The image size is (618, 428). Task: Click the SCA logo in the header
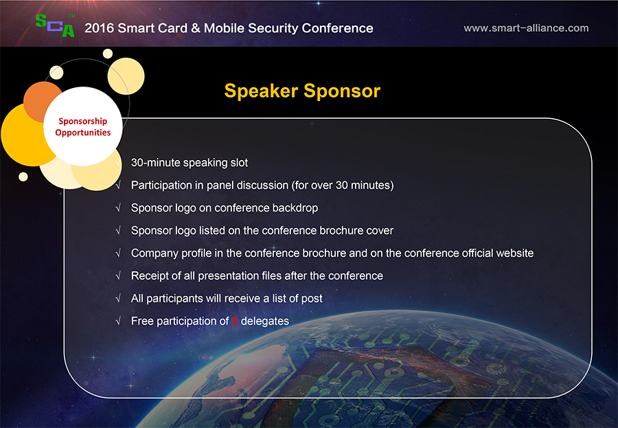pos(55,25)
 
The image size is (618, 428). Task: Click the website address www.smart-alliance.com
pos(526,28)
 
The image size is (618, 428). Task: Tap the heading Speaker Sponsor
pos(302,91)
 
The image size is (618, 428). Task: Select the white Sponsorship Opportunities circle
pos(83,126)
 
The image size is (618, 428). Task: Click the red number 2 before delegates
pos(235,321)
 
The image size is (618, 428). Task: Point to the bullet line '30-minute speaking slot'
pos(190,163)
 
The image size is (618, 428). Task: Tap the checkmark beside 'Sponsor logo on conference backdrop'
pos(118,208)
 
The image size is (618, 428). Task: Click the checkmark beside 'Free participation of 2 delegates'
pos(118,321)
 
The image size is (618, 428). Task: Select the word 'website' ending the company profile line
pos(515,253)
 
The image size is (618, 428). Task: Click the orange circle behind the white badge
pos(38,100)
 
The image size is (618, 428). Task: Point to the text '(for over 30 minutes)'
pos(343,185)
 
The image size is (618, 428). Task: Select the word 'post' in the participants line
pos(312,299)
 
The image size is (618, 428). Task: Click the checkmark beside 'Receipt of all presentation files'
pos(118,275)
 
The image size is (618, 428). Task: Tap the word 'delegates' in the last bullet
pos(265,321)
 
